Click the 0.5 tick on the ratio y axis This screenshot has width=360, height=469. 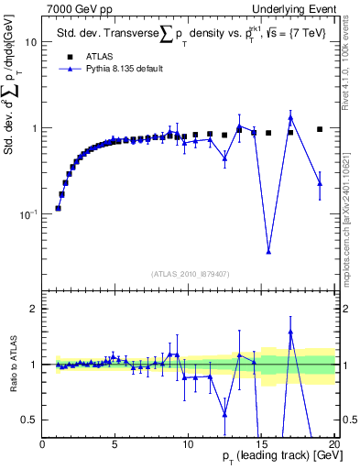[x=31, y=420]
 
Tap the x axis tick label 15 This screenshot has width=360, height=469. [x=260, y=445]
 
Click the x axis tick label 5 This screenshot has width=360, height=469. [x=115, y=445]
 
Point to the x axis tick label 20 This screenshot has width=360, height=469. [x=333, y=445]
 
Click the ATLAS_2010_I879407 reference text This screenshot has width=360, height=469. [x=189, y=273]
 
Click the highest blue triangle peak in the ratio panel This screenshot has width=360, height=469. [x=290, y=332]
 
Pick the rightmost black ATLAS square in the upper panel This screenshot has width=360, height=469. [x=320, y=129]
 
